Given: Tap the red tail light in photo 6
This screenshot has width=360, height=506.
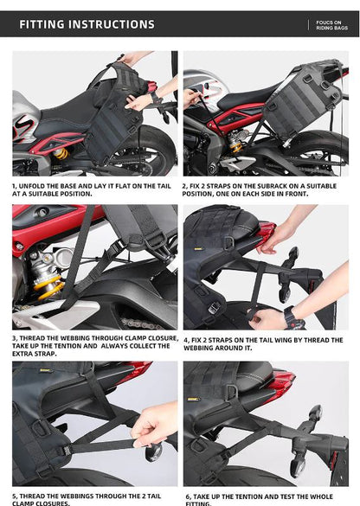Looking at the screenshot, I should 282,381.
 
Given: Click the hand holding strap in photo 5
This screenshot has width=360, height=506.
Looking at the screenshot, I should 156,424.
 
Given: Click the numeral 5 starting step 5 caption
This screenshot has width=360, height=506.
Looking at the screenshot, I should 15,496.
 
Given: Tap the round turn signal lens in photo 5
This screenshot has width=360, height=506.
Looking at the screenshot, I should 152,452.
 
